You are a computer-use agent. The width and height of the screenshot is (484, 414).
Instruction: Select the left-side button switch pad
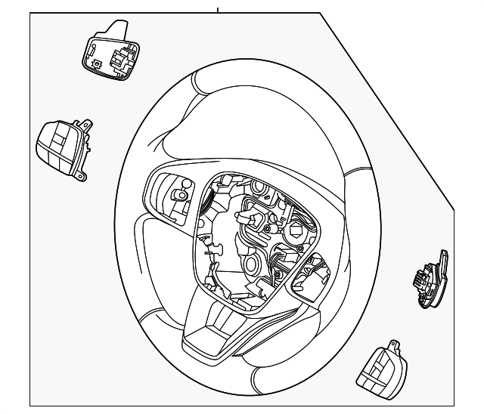pos(62,148)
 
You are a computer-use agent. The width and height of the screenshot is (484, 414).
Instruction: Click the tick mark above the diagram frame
pos(218,10)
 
